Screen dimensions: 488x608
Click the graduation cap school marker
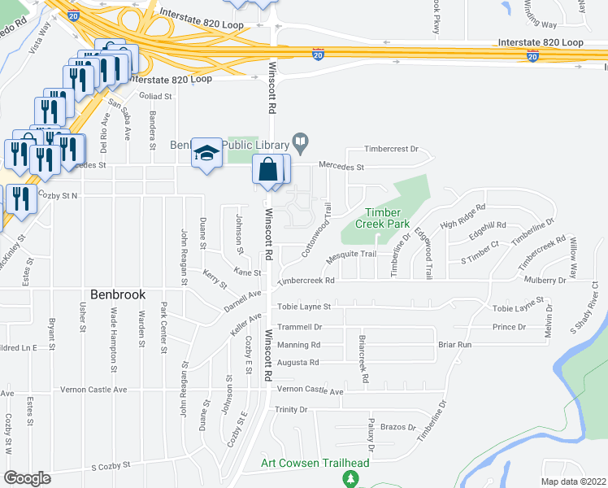pyautogui.click(x=206, y=152)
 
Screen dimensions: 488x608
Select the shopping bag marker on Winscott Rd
pyautogui.click(x=268, y=171)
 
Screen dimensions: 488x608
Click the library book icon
pyautogui.click(x=300, y=145)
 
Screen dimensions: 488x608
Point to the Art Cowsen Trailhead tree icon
pyautogui.click(x=351, y=479)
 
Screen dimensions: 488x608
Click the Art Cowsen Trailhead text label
pyautogui.click(x=315, y=463)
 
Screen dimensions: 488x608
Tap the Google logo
pyautogui.click(x=26, y=478)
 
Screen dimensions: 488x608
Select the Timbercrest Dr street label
pyautogui.click(x=390, y=150)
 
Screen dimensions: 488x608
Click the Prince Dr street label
pyautogui.click(x=509, y=327)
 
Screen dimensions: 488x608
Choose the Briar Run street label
pyautogui.click(x=454, y=344)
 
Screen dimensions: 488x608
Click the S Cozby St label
pyautogui.click(x=111, y=467)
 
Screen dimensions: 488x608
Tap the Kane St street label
pyautogui.click(x=247, y=272)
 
